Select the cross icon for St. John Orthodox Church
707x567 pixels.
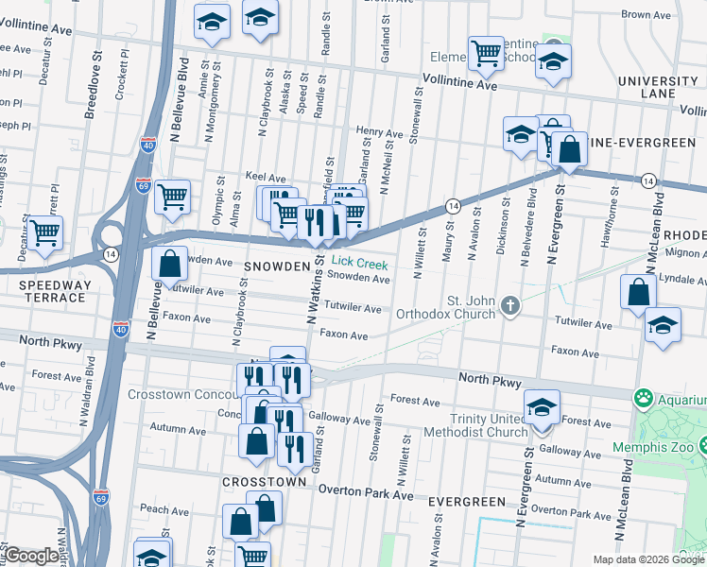[x=510, y=304]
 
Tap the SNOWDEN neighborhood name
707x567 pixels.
[x=277, y=267]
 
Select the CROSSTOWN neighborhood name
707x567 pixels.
[x=264, y=481]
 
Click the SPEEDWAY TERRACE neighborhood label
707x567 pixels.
[x=45, y=291]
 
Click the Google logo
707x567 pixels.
[x=31, y=556]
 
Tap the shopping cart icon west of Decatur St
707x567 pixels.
[x=44, y=232]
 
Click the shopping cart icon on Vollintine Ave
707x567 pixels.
[x=486, y=53]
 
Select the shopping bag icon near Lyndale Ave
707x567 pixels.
[x=639, y=291]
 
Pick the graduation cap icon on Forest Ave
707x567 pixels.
[x=543, y=407]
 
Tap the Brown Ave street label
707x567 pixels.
[x=647, y=15]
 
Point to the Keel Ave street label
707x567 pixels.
[x=265, y=177]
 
